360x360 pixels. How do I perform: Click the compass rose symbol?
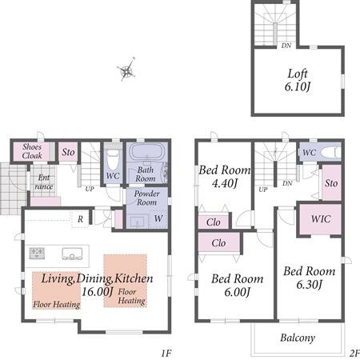pos(126,70)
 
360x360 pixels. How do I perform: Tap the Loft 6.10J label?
pos(298,80)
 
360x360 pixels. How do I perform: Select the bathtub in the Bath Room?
pos(146,152)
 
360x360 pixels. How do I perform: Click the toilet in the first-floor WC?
pos(113,160)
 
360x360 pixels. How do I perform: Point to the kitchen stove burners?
pos(37,253)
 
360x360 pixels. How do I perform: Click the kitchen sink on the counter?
pos(72,254)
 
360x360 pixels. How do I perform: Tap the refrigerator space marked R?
pos(80,219)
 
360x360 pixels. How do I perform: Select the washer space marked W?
pos(158,218)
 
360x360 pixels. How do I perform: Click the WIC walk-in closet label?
pos(321,219)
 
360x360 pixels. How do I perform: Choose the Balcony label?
pos(298,338)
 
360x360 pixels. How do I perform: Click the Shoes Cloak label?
pos(32,151)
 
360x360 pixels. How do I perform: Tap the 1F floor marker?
pos(166,353)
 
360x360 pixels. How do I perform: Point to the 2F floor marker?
pos(354,353)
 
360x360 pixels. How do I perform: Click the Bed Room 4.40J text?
pos(225,177)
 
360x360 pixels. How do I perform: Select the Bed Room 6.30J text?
pos(309,278)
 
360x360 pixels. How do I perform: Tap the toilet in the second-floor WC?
pos(330,153)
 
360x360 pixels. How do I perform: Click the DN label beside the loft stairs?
pos(286,46)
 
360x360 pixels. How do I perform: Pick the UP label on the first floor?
pos(90,189)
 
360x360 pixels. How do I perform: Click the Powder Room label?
pos(146,198)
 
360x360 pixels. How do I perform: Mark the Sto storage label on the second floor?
pos(331,183)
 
